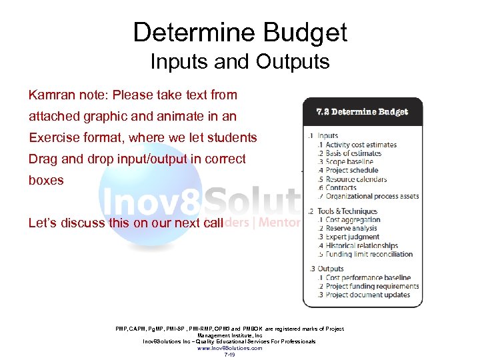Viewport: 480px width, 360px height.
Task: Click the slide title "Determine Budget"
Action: click(x=240, y=33)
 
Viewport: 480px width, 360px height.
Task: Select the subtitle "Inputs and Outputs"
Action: click(x=240, y=62)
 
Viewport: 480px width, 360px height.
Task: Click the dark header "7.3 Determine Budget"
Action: click(x=362, y=112)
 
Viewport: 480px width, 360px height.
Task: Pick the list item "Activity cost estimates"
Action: click(x=361, y=145)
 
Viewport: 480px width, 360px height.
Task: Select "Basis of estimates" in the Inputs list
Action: click(x=353, y=153)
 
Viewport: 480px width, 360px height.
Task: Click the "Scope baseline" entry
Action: click(x=349, y=162)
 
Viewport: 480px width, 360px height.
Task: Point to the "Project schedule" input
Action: click(x=351, y=171)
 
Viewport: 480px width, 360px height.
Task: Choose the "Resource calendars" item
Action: click(x=356, y=179)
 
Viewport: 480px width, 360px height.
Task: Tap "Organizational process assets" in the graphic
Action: click(x=372, y=196)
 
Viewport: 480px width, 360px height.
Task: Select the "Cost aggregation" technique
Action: click(x=353, y=220)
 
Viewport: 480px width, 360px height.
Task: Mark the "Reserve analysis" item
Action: click(x=351, y=229)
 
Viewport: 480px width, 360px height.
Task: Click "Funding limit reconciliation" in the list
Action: click(x=369, y=254)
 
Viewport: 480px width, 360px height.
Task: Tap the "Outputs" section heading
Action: click(x=331, y=269)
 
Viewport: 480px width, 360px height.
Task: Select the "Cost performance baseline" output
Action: click(x=368, y=278)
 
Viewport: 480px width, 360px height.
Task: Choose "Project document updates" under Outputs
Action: click(x=367, y=295)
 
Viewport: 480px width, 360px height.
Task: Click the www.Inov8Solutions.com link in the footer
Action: click(x=229, y=348)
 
